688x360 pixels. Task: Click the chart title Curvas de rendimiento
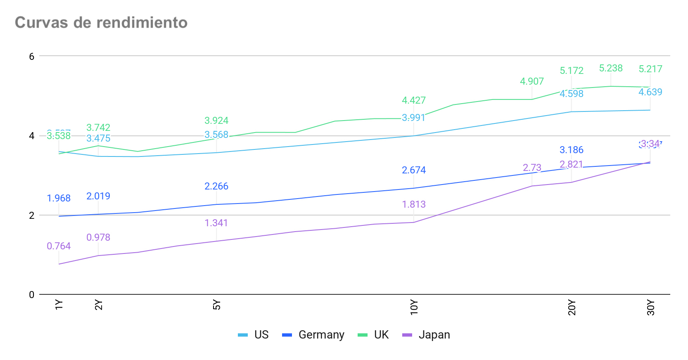(101, 23)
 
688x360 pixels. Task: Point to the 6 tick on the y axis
(32, 56)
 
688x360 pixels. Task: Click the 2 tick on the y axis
(32, 215)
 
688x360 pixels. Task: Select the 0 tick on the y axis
(32, 295)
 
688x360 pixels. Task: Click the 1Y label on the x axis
(59, 305)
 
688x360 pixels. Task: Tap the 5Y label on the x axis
(217, 305)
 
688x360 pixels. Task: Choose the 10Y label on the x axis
(414, 308)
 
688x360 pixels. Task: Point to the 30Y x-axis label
(651, 308)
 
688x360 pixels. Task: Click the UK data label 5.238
(611, 68)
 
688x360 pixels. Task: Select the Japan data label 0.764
(59, 246)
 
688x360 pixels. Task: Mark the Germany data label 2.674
(414, 170)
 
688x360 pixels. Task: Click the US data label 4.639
(650, 92)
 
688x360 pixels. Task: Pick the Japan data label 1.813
(414, 204)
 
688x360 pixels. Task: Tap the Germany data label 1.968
(59, 198)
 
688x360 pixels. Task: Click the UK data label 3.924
(216, 121)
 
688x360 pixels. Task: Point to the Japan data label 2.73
(532, 168)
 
